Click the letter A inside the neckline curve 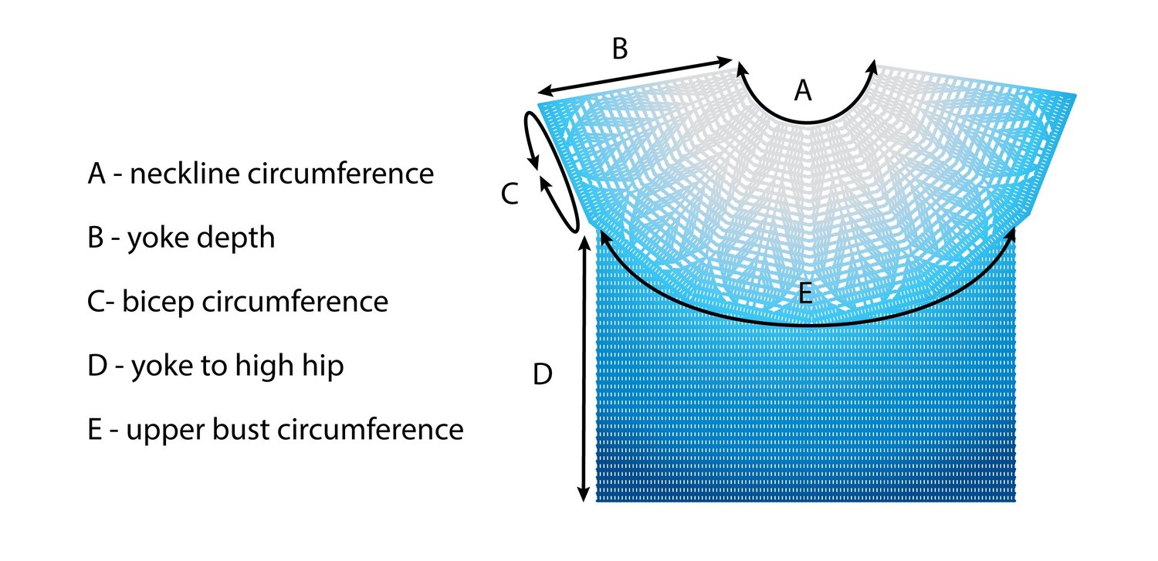(x=804, y=92)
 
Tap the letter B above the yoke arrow (x=620, y=49)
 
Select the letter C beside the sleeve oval (x=509, y=194)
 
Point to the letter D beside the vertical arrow (x=543, y=375)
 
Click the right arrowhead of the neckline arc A (x=874, y=68)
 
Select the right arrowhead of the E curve (x=1011, y=233)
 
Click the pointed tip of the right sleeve (x=1074, y=96)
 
